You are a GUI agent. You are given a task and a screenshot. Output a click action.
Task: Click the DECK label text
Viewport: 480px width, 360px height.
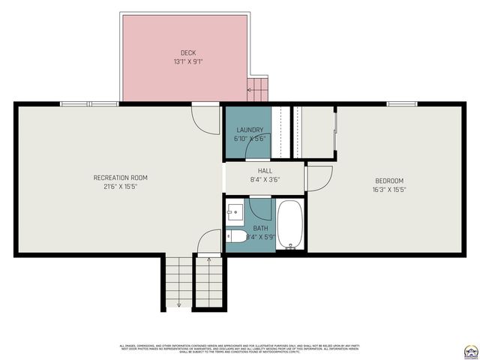(x=188, y=52)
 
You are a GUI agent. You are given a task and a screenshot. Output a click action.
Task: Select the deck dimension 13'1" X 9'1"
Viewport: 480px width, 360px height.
(x=188, y=61)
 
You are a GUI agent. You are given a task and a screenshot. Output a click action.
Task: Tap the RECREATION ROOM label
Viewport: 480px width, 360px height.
(x=120, y=178)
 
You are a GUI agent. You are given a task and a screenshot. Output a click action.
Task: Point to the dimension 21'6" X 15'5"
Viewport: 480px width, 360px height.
(x=120, y=186)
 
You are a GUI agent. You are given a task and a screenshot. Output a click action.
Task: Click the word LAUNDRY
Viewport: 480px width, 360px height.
(x=250, y=130)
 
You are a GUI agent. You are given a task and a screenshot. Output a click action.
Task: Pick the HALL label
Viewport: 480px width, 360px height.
(x=265, y=171)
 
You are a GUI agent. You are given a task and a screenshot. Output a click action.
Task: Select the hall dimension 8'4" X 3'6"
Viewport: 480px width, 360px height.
(x=265, y=179)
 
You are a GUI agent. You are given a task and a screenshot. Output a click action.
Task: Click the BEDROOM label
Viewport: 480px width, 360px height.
(x=388, y=181)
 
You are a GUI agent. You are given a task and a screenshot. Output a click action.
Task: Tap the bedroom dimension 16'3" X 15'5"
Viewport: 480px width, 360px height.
(x=388, y=190)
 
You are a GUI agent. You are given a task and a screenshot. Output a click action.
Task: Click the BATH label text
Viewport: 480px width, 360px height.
(x=260, y=228)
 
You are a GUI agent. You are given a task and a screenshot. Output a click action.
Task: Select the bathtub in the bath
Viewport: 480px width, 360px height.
(x=290, y=223)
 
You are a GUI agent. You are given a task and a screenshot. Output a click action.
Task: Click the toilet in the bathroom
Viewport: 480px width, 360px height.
(x=237, y=236)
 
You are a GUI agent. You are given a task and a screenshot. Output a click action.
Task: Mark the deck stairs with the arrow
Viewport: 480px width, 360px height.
(x=257, y=89)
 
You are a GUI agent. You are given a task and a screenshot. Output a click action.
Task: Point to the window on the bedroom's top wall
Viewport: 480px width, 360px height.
(x=402, y=103)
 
